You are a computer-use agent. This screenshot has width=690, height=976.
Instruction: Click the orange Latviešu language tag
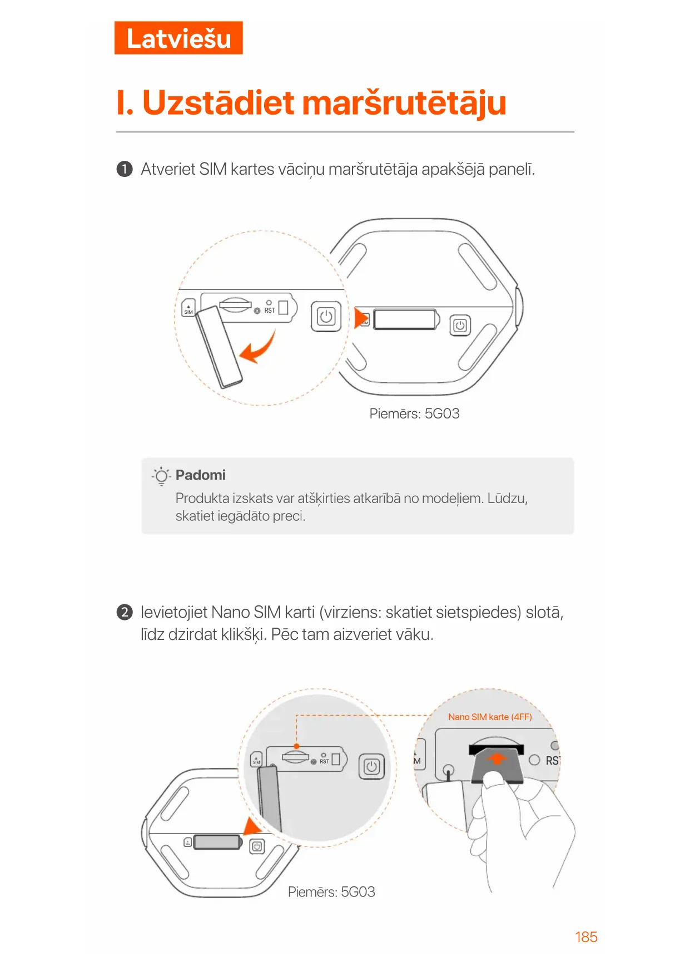[x=178, y=38]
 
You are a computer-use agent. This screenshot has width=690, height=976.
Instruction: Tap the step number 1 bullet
[x=125, y=169]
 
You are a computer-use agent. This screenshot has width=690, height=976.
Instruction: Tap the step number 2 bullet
[x=125, y=613]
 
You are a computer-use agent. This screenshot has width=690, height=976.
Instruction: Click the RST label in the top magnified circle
[x=270, y=310]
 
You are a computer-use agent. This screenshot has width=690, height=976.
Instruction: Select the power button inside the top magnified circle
[x=326, y=317]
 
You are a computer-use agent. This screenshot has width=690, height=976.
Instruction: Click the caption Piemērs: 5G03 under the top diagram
[x=414, y=413]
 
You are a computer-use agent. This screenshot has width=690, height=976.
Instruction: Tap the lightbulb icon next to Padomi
[x=161, y=476]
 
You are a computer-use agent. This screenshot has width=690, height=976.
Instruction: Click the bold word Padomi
[x=200, y=475]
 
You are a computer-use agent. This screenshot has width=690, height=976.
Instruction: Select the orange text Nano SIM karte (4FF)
[x=490, y=717]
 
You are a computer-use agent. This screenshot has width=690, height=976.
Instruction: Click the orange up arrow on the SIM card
[x=497, y=758]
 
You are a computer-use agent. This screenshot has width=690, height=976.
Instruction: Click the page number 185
[x=586, y=937]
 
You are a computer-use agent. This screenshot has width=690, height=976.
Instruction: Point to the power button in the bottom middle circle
[x=371, y=767]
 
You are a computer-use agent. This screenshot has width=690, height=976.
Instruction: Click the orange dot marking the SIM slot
[x=296, y=746]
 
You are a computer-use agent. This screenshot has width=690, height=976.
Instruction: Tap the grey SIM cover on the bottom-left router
[x=217, y=842]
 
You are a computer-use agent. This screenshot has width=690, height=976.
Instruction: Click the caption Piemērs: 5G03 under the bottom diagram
[x=331, y=892]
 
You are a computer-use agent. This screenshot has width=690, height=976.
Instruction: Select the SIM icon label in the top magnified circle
[x=188, y=308]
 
